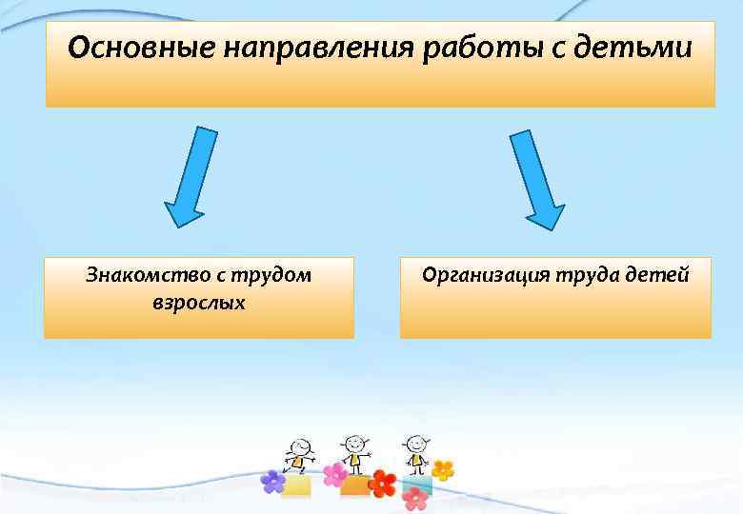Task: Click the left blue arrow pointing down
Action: pyautogui.click(x=193, y=175)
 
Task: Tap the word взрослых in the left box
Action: pyautogui.click(x=198, y=303)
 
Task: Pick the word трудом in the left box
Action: pyautogui.click(x=274, y=275)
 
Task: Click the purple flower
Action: pyautogui.click(x=273, y=482)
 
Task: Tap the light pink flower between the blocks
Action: pyautogui.click(x=334, y=474)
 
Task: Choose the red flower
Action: pyautogui.click(x=383, y=483)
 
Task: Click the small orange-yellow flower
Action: pyautogui.click(x=443, y=469)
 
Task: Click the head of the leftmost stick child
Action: pyautogui.click(x=298, y=446)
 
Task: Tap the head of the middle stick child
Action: pyautogui.click(x=354, y=444)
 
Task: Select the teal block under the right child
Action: pyautogui.click(x=417, y=483)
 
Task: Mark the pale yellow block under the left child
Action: pyautogui.click(x=297, y=486)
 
